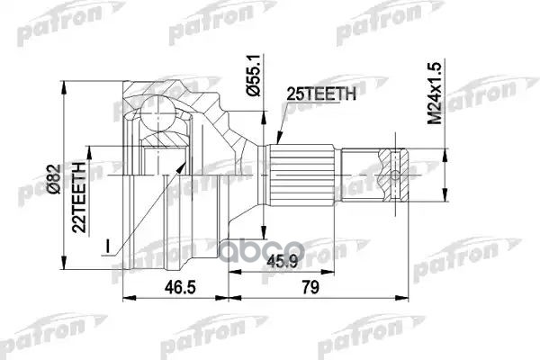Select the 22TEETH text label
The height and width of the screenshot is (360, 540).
(x=82, y=194)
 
